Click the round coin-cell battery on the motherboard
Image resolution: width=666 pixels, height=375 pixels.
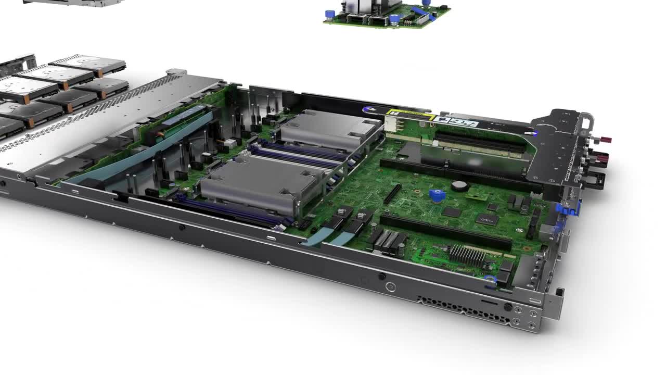coord(457,185)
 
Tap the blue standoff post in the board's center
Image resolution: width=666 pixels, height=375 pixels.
coord(437,196)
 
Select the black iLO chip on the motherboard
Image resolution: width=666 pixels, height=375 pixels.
coord(486,219)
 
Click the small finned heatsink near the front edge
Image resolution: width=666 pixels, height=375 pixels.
coord(467,255)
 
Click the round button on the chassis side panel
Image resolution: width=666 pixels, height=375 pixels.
coord(391,287)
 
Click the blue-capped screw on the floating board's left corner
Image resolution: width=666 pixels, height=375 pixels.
coord(329,15)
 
